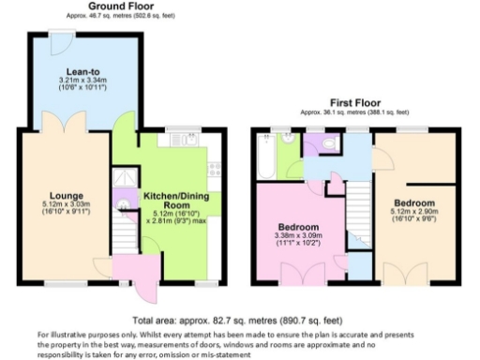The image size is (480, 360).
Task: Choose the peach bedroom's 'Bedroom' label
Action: (x=413, y=202)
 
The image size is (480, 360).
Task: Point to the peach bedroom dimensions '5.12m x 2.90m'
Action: (x=413, y=214)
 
